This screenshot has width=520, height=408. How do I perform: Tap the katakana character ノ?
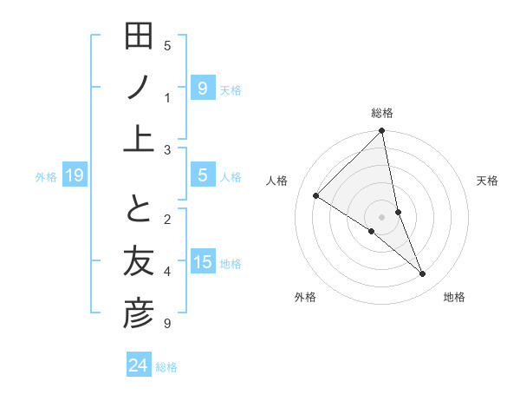(x=140, y=86)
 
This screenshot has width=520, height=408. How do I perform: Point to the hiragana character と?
(x=140, y=212)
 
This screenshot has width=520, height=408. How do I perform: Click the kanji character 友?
(x=140, y=262)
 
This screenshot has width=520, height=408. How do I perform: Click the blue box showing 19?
(x=75, y=176)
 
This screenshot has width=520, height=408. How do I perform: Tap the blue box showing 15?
(x=203, y=262)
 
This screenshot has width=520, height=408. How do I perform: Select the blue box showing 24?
(x=139, y=365)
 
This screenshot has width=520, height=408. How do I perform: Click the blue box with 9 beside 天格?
(x=203, y=88)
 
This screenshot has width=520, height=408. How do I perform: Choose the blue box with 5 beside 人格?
(x=203, y=175)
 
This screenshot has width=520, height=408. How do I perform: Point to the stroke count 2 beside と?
(x=167, y=219)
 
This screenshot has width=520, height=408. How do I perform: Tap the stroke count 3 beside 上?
(x=167, y=150)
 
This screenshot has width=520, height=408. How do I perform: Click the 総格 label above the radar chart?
(x=382, y=113)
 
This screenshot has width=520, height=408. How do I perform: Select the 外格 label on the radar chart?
(x=305, y=297)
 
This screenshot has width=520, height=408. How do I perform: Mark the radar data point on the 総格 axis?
(x=382, y=132)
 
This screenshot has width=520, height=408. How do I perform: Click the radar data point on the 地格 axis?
(x=423, y=274)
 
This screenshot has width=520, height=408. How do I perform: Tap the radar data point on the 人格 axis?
(x=316, y=196)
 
